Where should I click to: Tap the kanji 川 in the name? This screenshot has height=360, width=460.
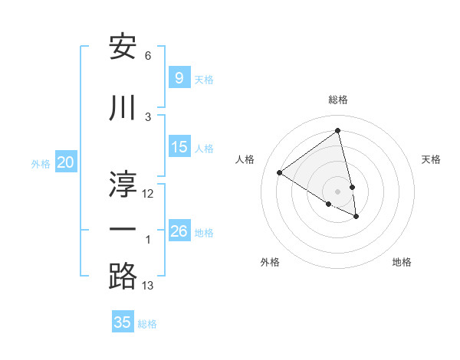click(x=123, y=109)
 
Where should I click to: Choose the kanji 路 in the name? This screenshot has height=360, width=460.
click(x=123, y=276)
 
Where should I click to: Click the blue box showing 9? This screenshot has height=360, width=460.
click(x=179, y=77)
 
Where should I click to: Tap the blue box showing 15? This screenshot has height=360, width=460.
click(x=179, y=147)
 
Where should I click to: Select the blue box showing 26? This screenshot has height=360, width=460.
click(x=179, y=231)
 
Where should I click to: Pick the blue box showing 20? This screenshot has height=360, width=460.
click(x=66, y=162)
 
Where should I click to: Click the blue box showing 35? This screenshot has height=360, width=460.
click(x=123, y=322)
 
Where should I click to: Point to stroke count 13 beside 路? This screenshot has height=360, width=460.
click(x=148, y=286)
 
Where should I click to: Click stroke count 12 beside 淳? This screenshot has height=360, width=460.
click(x=148, y=194)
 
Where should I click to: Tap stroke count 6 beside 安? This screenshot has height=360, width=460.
click(x=148, y=56)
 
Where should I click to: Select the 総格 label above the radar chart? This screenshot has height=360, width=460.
click(x=338, y=100)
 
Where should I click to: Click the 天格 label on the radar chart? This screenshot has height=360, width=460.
click(x=431, y=159)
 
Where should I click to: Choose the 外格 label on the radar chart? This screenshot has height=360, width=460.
click(x=270, y=262)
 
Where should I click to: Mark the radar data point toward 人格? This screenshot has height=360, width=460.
click(x=280, y=172)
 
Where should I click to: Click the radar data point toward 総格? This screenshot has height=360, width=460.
click(x=338, y=130)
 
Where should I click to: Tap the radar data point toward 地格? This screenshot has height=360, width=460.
click(x=356, y=217)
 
